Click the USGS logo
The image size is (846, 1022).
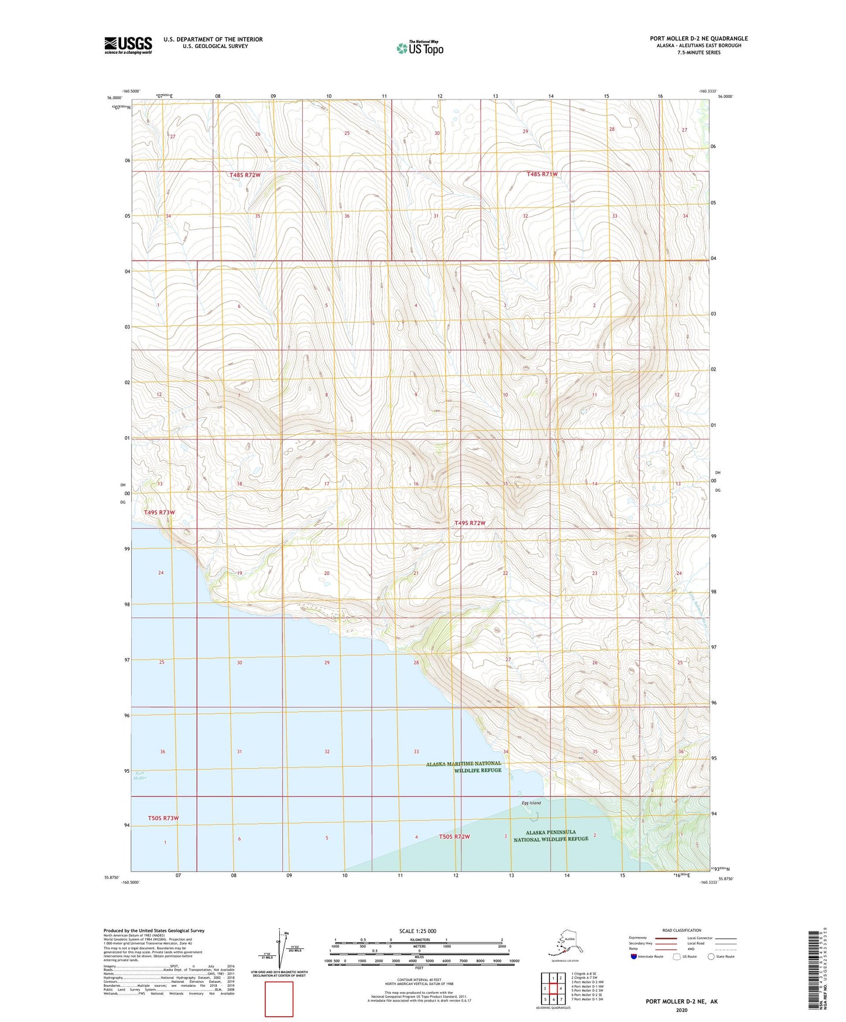(x=128, y=45)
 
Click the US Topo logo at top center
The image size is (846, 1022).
(x=420, y=47)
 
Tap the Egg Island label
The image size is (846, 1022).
(x=531, y=802)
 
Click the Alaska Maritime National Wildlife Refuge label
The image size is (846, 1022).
(x=464, y=767)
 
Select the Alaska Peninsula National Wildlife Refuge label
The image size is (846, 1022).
(x=551, y=835)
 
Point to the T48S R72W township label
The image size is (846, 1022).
(x=245, y=175)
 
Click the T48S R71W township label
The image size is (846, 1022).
(x=542, y=174)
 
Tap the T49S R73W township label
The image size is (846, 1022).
(x=159, y=512)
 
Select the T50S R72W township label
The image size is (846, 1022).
(x=454, y=836)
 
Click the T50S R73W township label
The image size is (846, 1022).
(x=163, y=818)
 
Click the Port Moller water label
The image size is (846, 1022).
(x=139, y=775)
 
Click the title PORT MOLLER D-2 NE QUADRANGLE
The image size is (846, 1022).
(x=698, y=39)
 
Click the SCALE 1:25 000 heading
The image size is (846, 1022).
(x=417, y=931)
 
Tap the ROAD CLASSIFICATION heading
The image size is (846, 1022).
(x=681, y=930)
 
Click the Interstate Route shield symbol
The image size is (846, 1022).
(x=633, y=956)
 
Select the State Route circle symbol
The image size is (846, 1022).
(x=711, y=956)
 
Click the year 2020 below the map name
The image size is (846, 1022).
(x=681, y=1010)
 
